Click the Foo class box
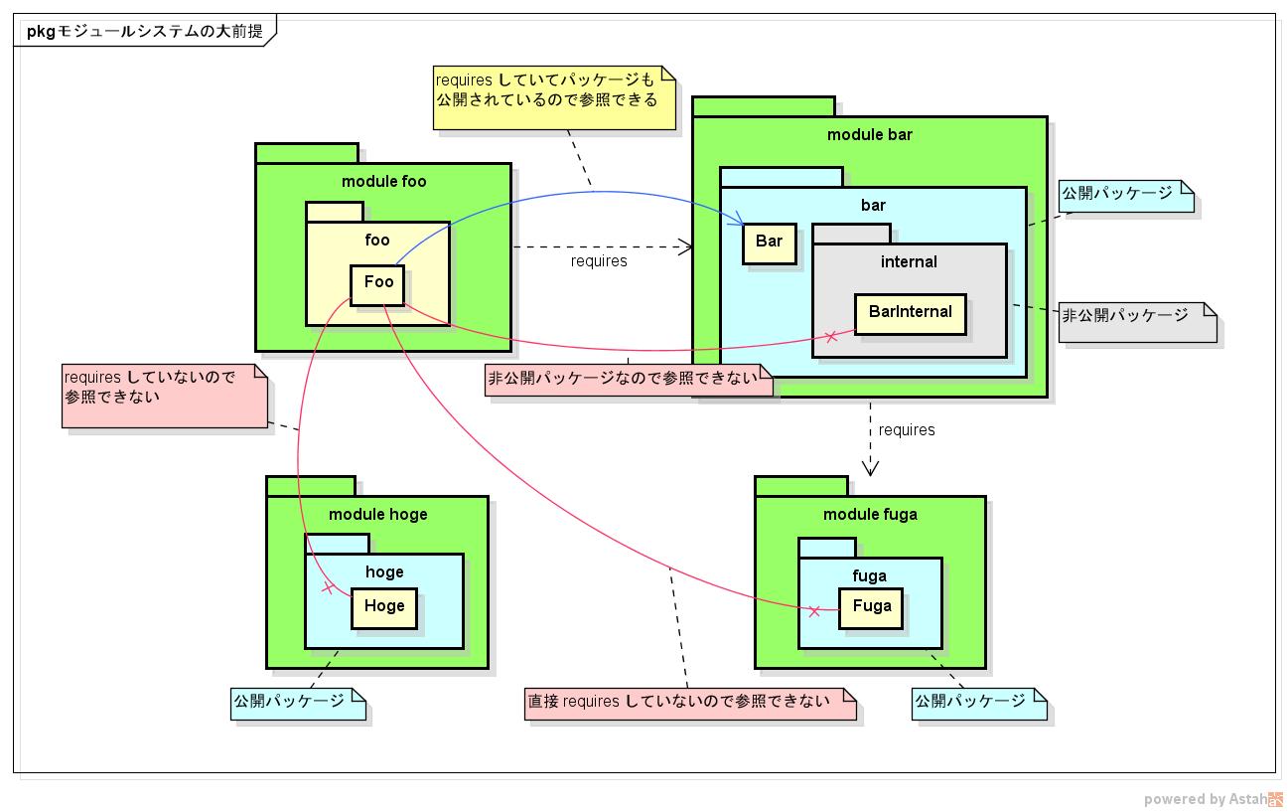[x=378, y=283]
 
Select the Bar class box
[x=770, y=243]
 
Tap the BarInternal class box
[x=910, y=313]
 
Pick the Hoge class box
[x=383, y=606]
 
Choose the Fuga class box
[x=871, y=606]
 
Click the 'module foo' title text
[x=383, y=181]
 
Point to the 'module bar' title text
[x=869, y=134]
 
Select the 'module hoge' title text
[x=377, y=514]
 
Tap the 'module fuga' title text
[x=870, y=514]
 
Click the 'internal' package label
[x=909, y=262]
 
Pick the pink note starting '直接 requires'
[x=690, y=702]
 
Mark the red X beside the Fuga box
[x=814, y=610]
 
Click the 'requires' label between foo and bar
[x=599, y=261]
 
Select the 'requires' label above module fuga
[x=907, y=430]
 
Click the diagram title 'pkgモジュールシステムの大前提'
[x=144, y=31]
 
